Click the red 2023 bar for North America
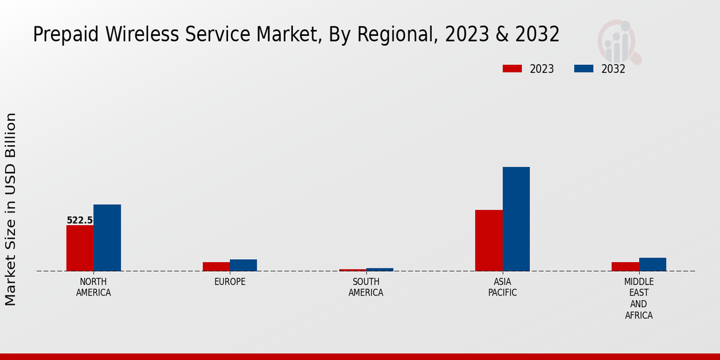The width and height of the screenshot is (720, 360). [80, 248]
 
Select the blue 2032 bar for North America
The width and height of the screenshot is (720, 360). [107, 238]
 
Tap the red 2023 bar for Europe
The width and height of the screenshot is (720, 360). [216, 266]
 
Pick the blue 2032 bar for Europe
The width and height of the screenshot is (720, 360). [243, 265]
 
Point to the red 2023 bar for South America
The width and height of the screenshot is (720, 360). [352, 270]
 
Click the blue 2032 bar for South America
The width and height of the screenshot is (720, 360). [380, 269]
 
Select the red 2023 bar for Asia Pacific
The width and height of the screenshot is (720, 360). [488, 240]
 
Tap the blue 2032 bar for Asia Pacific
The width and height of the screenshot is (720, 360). [516, 218]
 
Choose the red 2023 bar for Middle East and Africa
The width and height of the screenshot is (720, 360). [625, 266]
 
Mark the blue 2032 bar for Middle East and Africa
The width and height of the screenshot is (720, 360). [652, 264]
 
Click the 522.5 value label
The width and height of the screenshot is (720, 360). [80, 220]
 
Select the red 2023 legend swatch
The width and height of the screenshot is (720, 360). [512, 68]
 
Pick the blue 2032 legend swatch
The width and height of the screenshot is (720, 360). [584, 68]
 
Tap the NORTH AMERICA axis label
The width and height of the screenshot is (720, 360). [94, 287]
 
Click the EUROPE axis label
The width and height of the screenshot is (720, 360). [230, 282]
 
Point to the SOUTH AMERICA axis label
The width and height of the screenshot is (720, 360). [366, 287]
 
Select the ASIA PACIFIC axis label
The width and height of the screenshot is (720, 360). [502, 287]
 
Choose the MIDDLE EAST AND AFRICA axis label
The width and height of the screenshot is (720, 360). [638, 298]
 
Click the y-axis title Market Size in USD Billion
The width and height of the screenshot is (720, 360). [11, 209]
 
